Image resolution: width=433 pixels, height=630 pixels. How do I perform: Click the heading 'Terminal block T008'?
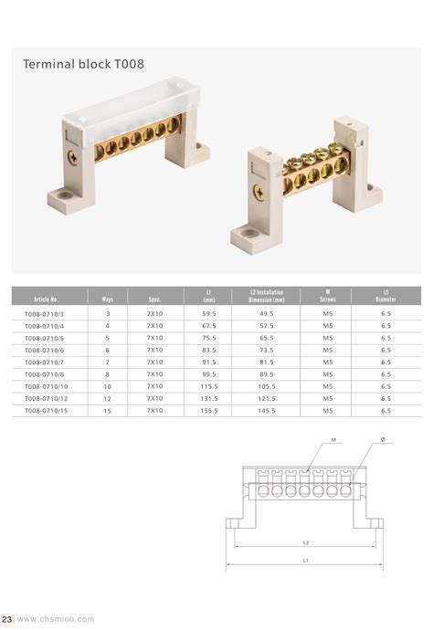point(83,65)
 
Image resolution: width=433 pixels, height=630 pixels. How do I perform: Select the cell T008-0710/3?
point(46,313)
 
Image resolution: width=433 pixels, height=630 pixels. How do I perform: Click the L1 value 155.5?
point(209,411)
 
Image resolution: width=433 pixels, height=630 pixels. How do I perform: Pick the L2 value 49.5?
point(267,313)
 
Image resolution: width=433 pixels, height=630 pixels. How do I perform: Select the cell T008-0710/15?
point(46,411)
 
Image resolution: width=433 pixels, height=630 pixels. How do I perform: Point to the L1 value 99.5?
point(209,374)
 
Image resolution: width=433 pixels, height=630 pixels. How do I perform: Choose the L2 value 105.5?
point(267,386)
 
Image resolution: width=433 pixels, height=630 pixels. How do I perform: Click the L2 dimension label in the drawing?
point(305,543)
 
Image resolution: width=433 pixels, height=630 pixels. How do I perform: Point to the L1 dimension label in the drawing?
point(305,560)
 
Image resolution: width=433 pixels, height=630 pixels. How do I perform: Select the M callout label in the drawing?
point(334,440)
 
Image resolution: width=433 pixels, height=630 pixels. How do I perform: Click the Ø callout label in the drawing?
point(384,440)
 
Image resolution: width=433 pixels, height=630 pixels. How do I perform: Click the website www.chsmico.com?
point(56,619)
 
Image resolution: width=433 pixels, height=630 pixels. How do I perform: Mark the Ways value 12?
point(108,399)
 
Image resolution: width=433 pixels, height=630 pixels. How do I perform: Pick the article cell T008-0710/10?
point(46,386)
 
